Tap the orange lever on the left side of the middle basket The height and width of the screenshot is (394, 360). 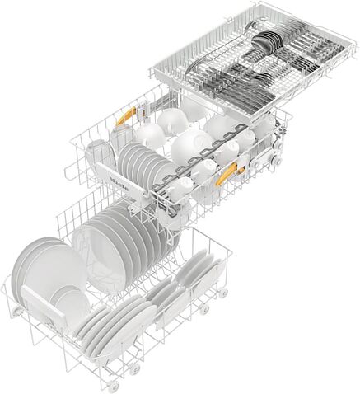coord(124,119)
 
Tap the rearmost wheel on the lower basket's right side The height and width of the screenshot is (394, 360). coord(223,293)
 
